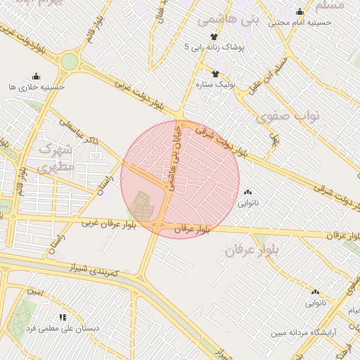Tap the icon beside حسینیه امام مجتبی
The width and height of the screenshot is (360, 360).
(x=300, y=12)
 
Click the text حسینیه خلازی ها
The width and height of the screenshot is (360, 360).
(x=37, y=86)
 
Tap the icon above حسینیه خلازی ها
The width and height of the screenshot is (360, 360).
(x=37, y=76)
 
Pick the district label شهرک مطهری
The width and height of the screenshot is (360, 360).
(x=55, y=158)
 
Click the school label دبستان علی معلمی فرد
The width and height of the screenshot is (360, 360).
(x=63, y=328)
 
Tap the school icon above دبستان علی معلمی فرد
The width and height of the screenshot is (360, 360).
(x=63, y=318)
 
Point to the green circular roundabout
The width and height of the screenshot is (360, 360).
(x=69, y=62)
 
